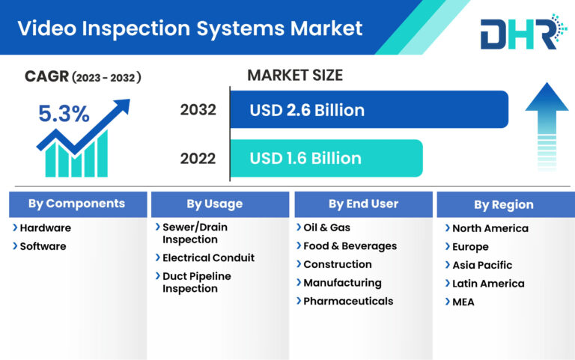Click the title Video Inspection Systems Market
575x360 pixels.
[x=189, y=28]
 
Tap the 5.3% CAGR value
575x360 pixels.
[x=64, y=114]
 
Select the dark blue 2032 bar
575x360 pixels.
[x=368, y=110]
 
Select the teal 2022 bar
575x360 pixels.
[x=326, y=158]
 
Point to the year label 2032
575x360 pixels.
[x=198, y=110]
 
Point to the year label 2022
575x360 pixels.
[x=198, y=158]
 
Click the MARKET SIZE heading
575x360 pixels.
[x=294, y=75]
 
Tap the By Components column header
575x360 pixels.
[x=76, y=204]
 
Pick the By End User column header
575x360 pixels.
[x=363, y=204]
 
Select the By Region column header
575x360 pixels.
[x=503, y=204]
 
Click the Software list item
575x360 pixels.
[x=43, y=246]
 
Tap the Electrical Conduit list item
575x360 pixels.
[x=208, y=257]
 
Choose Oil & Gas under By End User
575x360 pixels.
[x=326, y=228]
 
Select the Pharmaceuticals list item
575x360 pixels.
[x=347, y=301]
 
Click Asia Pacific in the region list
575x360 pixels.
[x=482, y=265]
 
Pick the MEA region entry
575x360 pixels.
[x=463, y=302]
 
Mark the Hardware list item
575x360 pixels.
[x=45, y=228]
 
